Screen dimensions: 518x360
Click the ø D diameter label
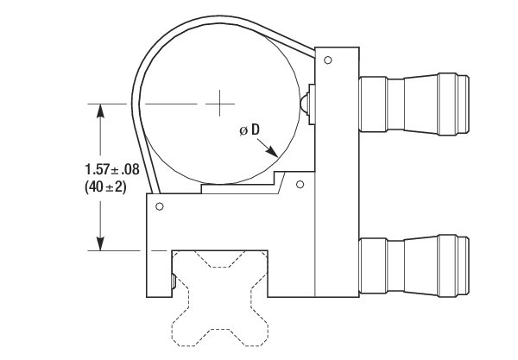click(x=250, y=129)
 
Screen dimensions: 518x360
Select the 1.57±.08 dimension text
click(x=112, y=169)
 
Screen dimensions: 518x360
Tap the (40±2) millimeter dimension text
click(x=105, y=187)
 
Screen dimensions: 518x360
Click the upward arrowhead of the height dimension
click(x=100, y=111)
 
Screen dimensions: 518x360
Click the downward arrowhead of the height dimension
click(x=100, y=243)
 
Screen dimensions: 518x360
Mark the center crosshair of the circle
click(x=220, y=104)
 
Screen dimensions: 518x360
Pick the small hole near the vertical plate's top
click(x=328, y=60)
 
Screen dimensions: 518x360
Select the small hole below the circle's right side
click(x=300, y=184)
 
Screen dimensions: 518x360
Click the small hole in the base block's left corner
click(x=160, y=206)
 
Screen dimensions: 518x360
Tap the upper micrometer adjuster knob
click(x=414, y=104)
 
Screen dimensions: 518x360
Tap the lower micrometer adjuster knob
click(x=414, y=266)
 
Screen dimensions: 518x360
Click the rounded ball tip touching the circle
click(x=304, y=104)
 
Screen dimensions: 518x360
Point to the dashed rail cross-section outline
click(x=219, y=298)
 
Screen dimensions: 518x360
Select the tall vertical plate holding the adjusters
click(x=337, y=172)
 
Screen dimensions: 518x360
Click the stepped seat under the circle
click(x=243, y=183)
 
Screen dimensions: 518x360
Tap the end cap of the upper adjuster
click(x=463, y=104)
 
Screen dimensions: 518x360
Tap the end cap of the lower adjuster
click(x=463, y=266)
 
